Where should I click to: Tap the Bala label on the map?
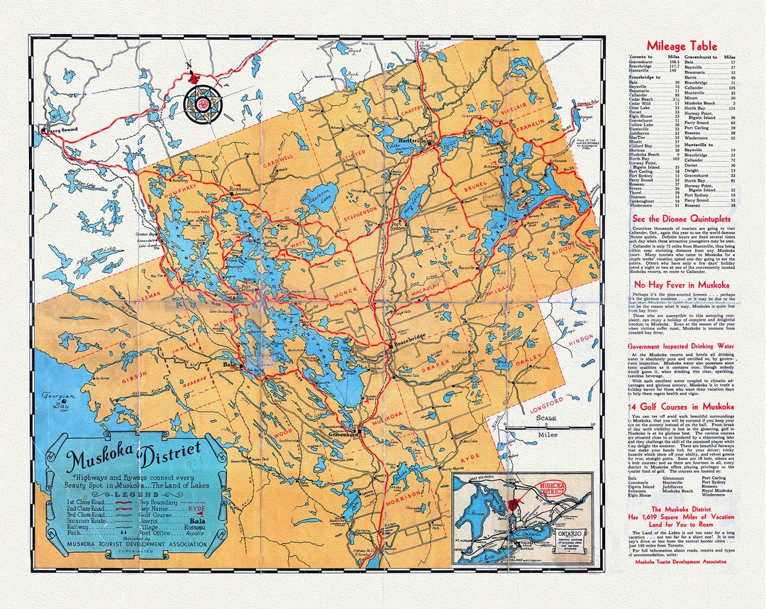click(x=228, y=364)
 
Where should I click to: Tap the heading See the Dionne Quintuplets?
click(x=671, y=219)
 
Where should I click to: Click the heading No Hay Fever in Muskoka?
click(x=671, y=285)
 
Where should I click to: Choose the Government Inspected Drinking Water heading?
click(x=671, y=346)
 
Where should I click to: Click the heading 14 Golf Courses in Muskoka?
click(x=671, y=407)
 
